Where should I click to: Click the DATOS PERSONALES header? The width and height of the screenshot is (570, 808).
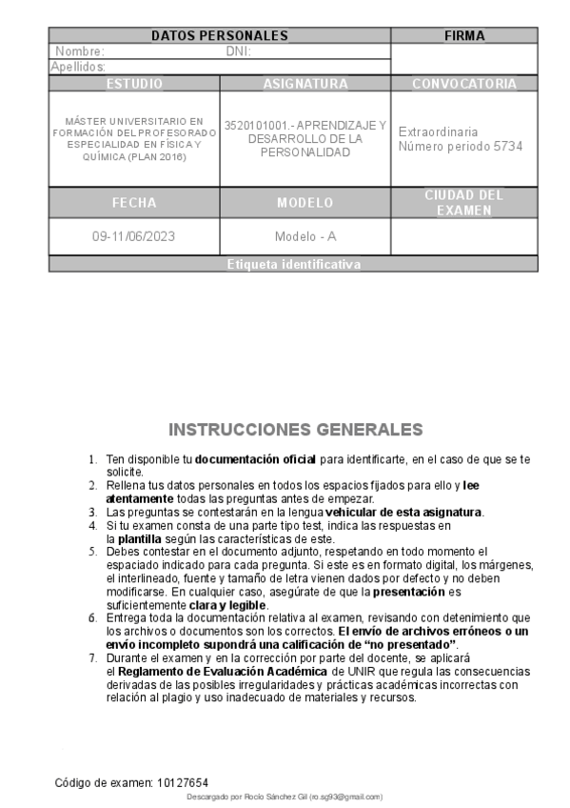click(x=219, y=35)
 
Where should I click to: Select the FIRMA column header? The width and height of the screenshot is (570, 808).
click(x=464, y=35)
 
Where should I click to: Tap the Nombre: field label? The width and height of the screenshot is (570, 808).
click(x=80, y=51)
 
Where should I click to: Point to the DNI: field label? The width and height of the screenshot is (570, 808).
click(x=238, y=51)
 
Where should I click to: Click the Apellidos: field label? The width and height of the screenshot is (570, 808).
click(x=78, y=68)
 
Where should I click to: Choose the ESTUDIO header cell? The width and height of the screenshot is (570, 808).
click(x=134, y=84)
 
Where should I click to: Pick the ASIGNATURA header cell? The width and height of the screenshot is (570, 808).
click(x=305, y=84)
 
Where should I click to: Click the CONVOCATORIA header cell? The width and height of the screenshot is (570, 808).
click(x=464, y=84)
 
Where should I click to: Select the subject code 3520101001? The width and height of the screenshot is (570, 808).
click(x=254, y=125)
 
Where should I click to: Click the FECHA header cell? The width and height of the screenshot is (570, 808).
click(x=134, y=203)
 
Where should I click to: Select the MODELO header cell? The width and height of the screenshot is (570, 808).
click(x=305, y=203)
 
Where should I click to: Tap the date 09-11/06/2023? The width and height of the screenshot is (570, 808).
click(x=134, y=236)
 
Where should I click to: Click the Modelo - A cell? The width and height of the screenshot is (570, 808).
click(x=305, y=236)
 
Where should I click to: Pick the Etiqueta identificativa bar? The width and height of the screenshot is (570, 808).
click(x=294, y=265)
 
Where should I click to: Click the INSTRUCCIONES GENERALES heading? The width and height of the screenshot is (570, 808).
click(x=296, y=430)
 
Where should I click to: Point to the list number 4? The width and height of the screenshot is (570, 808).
click(x=92, y=525)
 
